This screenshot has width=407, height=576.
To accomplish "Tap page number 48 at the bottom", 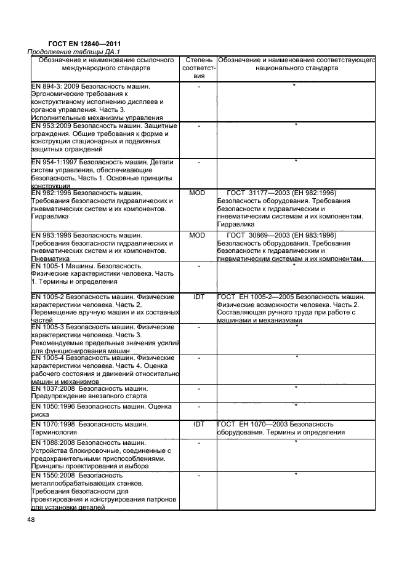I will [x=31, y=521].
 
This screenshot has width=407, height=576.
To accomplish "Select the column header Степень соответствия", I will [x=198, y=68].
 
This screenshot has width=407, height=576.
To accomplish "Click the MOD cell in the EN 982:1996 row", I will [x=198, y=193].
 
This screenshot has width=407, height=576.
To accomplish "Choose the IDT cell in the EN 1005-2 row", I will [x=198, y=297].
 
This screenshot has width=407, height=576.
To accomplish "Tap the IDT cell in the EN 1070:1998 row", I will [x=198, y=425].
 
